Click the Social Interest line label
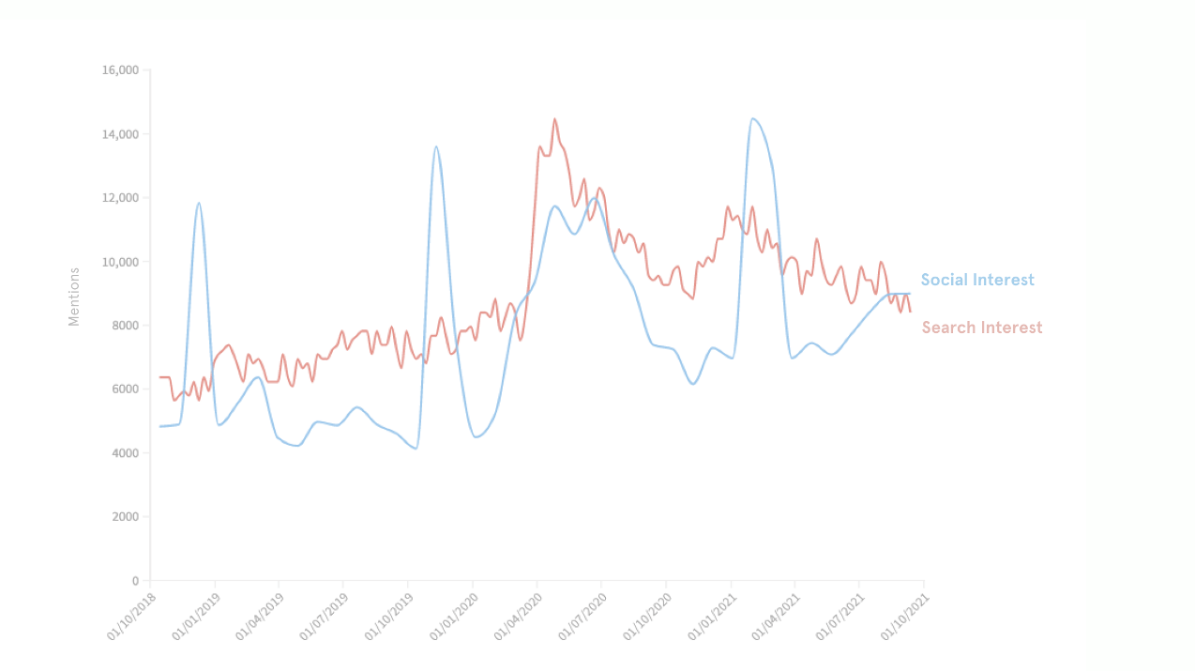point(976,280)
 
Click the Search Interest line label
point(981,328)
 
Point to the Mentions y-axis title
point(74,297)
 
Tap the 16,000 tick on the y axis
point(120,70)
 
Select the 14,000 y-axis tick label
point(120,134)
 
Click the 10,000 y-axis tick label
point(120,262)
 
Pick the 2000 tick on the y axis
point(125,517)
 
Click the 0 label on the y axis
point(134,581)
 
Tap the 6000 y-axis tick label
point(125,389)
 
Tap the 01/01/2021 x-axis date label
point(711,617)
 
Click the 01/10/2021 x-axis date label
point(903,617)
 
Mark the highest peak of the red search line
point(554,119)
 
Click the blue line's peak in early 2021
point(753,118)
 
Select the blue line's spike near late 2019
point(436,146)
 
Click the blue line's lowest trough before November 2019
point(415,449)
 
